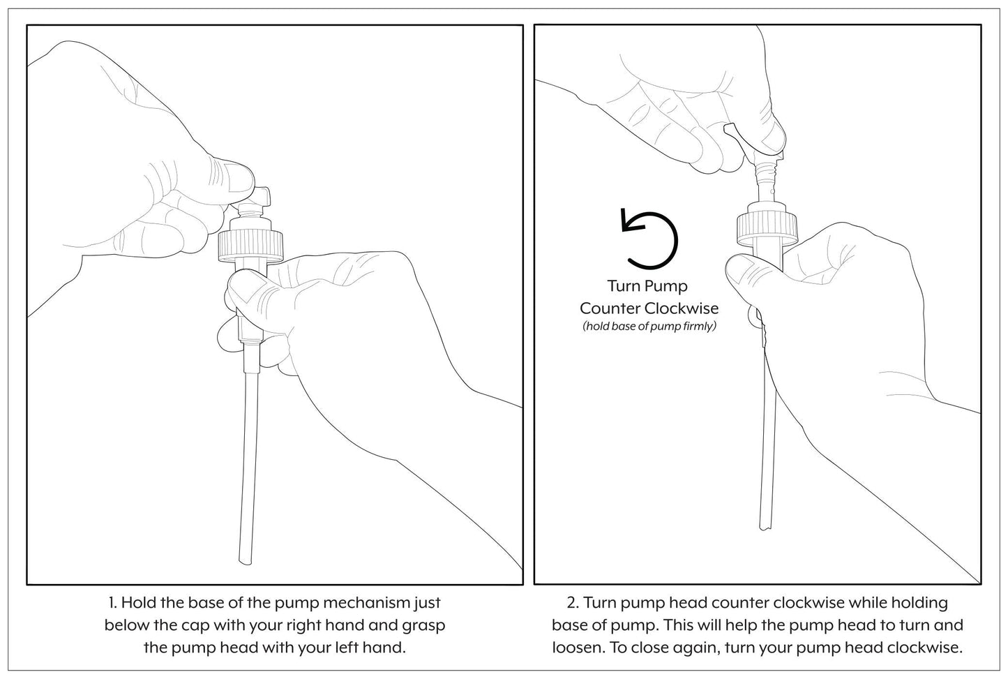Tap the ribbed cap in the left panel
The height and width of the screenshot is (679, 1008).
tap(248, 245)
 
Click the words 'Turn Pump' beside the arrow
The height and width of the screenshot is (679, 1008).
tap(647, 285)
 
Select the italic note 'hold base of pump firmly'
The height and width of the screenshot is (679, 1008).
tap(649, 326)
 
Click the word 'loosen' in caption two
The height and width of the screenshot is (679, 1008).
tap(578, 647)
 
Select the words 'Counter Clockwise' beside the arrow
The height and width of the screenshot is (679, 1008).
tap(649, 308)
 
